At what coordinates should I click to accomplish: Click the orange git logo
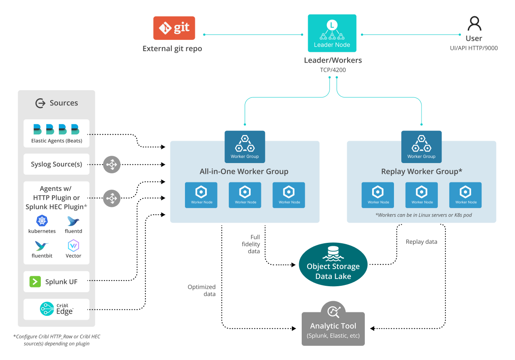pyautogui.click(x=174, y=28)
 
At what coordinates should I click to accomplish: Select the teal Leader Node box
pyautogui.click(x=332, y=33)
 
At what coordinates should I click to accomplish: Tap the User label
pyautogui.click(x=474, y=39)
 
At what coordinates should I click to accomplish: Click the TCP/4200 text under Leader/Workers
pyautogui.click(x=333, y=70)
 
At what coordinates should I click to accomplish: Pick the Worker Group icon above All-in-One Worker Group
pyautogui.click(x=245, y=147)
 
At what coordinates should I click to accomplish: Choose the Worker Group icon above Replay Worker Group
pyautogui.click(x=421, y=147)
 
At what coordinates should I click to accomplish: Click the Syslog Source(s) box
pyautogui.click(x=57, y=164)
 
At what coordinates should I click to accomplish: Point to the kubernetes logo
pyautogui.click(x=42, y=221)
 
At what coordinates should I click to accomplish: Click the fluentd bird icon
pyautogui.click(x=73, y=221)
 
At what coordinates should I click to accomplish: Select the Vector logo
pyautogui.click(x=73, y=246)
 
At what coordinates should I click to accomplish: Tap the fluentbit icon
pyautogui.click(x=42, y=246)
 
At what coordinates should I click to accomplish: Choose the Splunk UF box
pyautogui.click(x=57, y=282)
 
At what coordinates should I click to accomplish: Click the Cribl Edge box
pyautogui.click(x=57, y=309)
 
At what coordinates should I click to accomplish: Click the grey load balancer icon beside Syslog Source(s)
pyautogui.click(x=112, y=165)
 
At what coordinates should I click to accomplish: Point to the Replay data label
pyautogui.click(x=421, y=242)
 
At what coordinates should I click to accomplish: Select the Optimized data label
pyautogui.click(x=202, y=290)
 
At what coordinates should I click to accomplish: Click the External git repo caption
pyautogui.click(x=172, y=48)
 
